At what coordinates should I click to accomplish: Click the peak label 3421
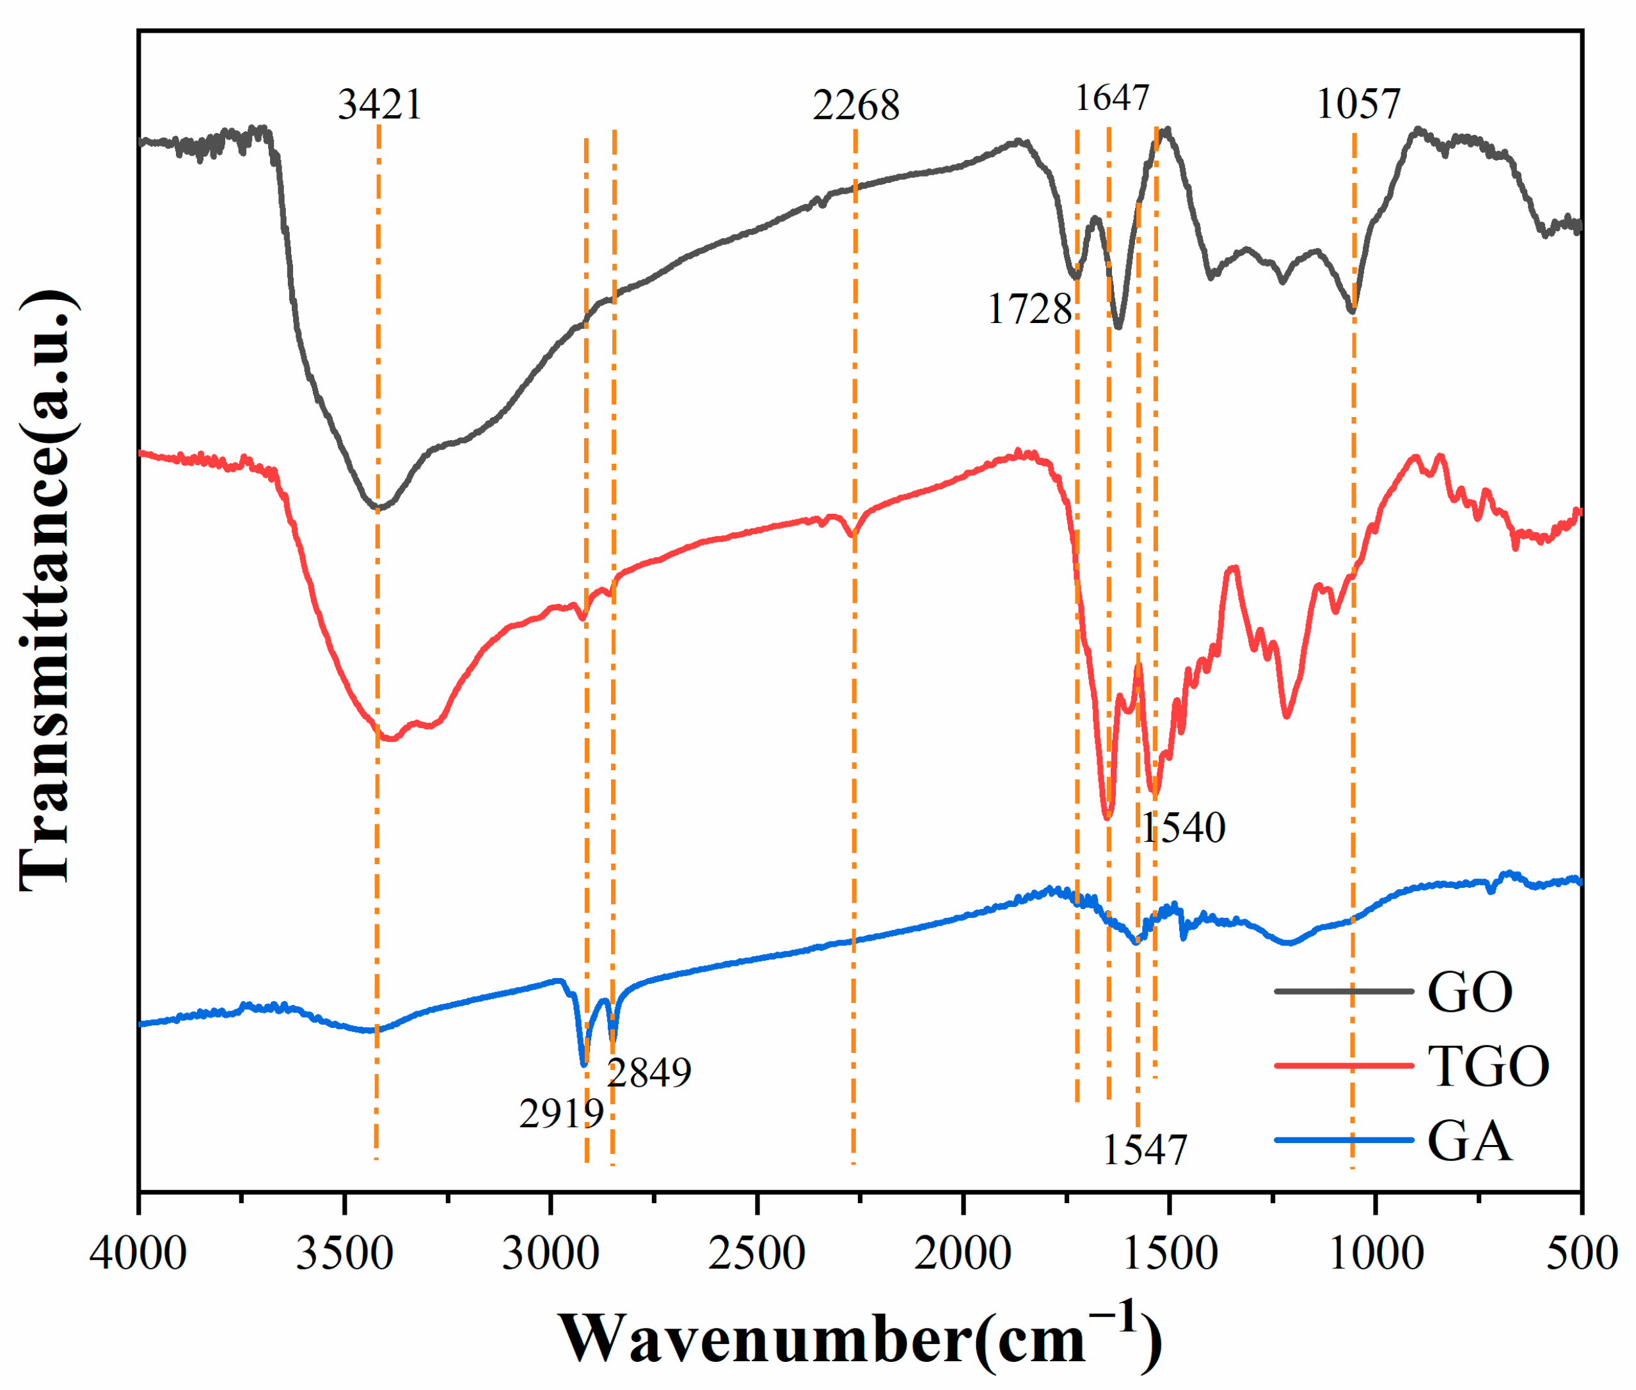[380, 105]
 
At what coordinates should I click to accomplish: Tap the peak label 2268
[856, 106]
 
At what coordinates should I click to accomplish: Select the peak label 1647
[1112, 99]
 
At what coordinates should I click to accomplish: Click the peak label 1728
[1029, 310]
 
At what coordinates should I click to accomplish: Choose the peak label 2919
[561, 1114]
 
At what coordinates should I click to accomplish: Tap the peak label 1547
[1143, 1151]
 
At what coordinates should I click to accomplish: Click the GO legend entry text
[1470, 992]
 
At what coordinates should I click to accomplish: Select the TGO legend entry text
[1488, 1067]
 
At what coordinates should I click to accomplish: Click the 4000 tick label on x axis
[138, 1253]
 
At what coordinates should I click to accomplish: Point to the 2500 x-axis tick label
[756, 1253]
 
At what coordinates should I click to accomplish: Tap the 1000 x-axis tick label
[1376, 1253]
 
